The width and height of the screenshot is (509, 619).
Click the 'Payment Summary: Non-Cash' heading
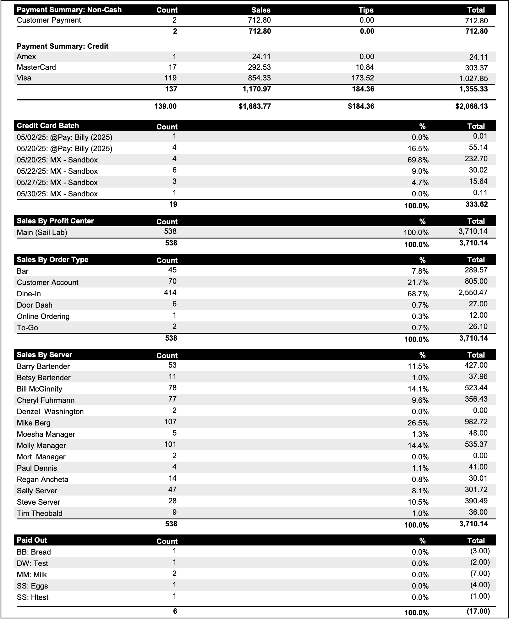tap(69, 10)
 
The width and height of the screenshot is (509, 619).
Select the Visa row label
tap(24, 78)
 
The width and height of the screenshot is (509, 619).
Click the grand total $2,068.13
tap(471, 106)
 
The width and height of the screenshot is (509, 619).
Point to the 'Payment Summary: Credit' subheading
tap(63, 46)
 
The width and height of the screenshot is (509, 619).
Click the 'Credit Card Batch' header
tap(48, 126)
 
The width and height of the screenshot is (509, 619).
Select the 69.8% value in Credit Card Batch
tap(418, 160)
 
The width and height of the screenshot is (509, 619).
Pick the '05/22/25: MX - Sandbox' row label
tap(57, 171)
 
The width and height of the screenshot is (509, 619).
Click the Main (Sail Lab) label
tap(42, 233)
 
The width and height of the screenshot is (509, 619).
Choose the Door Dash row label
tap(35, 305)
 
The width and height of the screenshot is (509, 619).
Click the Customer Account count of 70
tap(172, 281)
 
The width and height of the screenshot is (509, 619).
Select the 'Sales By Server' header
tap(45, 355)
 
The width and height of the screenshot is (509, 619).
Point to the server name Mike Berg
tap(34, 423)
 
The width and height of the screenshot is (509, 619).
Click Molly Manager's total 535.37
tap(476, 444)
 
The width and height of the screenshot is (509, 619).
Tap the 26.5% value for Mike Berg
tap(418, 423)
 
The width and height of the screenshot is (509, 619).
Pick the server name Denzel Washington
tap(50, 412)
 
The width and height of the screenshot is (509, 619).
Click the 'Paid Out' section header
tap(32, 540)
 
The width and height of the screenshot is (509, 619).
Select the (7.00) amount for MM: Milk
tap(480, 573)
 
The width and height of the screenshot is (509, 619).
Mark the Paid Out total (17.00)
tap(478, 611)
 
